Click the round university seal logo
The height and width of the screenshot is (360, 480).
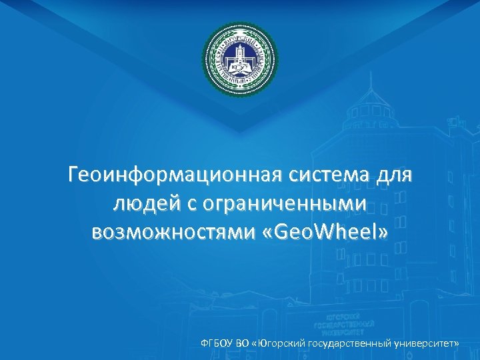point(240,61)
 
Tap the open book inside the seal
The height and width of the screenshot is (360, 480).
point(240,67)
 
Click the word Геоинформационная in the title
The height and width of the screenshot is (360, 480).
point(175,176)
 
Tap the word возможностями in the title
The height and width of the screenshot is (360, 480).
point(167,233)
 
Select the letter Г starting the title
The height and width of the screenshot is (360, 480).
point(74,176)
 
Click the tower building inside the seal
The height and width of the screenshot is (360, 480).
point(240,57)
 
